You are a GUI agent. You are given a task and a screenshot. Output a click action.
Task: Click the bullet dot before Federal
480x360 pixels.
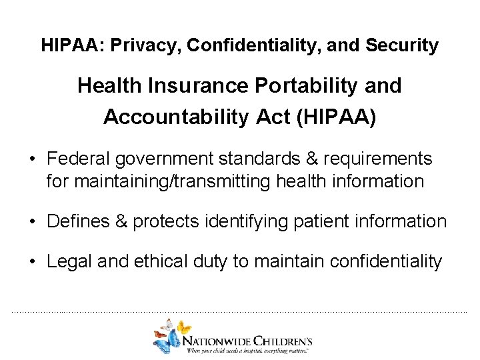coord(31,160)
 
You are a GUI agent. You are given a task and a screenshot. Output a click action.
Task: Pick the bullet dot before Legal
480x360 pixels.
coord(31,261)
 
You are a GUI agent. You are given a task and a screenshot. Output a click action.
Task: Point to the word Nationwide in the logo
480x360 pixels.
coord(221,337)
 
